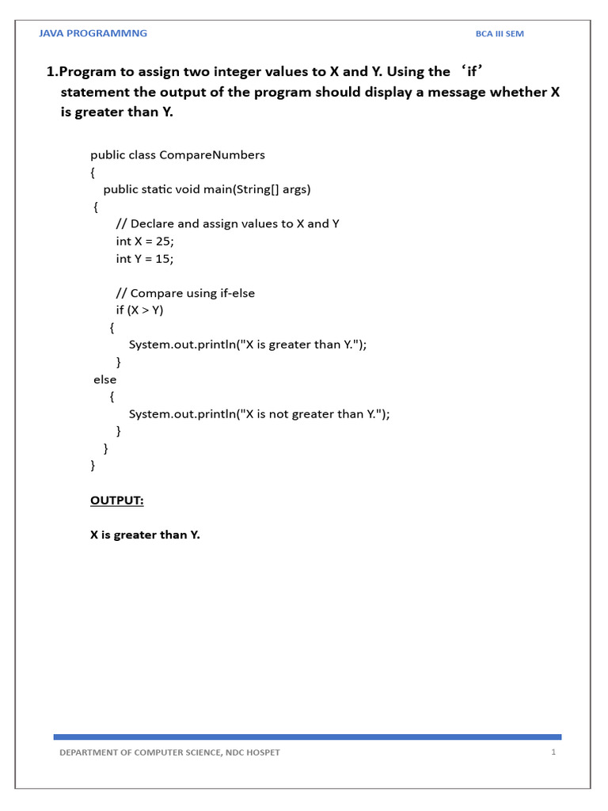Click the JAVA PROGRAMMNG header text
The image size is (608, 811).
point(93,33)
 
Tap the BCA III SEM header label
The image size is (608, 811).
point(500,34)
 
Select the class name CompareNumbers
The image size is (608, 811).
point(212,154)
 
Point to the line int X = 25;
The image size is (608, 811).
point(144,241)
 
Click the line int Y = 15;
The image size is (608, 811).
point(144,258)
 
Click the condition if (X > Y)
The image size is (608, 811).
point(139,310)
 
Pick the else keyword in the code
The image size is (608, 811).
point(104,379)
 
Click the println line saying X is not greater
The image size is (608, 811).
point(260,414)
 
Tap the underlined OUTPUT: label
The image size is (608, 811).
point(117,501)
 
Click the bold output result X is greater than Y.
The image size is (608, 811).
point(145,535)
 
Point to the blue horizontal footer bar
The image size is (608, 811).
point(307,737)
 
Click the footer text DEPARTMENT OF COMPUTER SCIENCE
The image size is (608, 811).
point(169,752)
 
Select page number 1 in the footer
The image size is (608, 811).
point(553,752)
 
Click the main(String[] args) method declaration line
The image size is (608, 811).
point(207,189)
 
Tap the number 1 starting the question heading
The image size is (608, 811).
point(51,72)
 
